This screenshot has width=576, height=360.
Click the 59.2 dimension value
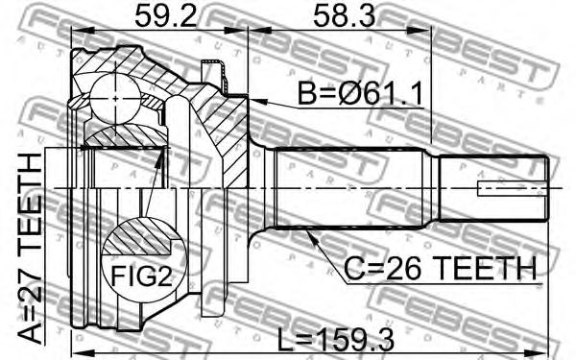click(x=165, y=16)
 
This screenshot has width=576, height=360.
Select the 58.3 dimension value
click(x=345, y=16)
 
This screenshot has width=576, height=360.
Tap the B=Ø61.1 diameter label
click(x=360, y=94)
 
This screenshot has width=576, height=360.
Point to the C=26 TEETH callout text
click(x=440, y=268)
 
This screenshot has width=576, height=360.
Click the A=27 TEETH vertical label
click(x=30, y=249)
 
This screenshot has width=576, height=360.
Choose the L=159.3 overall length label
click(x=336, y=340)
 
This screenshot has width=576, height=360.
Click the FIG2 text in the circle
click(x=142, y=276)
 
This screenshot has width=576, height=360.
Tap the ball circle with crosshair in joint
click(x=115, y=99)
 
